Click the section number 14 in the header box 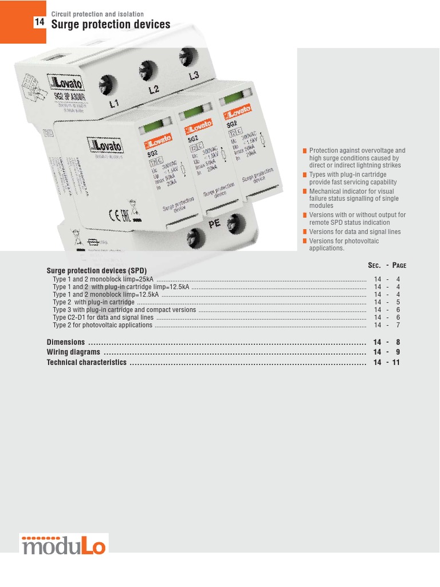(39, 22)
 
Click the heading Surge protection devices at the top (111, 24)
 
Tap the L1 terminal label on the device (115, 104)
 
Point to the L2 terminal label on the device (154, 89)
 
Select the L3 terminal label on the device (194, 76)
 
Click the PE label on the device (214, 224)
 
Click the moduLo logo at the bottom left (64, 545)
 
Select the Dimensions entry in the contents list (65, 342)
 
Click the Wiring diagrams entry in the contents (73, 352)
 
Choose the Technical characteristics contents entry (87, 362)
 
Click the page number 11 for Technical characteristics (396, 362)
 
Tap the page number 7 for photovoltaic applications (398, 325)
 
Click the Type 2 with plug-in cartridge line (93, 302)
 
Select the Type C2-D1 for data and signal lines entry (103, 317)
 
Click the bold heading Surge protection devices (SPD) (96, 270)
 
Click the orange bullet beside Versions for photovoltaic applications (305, 241)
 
